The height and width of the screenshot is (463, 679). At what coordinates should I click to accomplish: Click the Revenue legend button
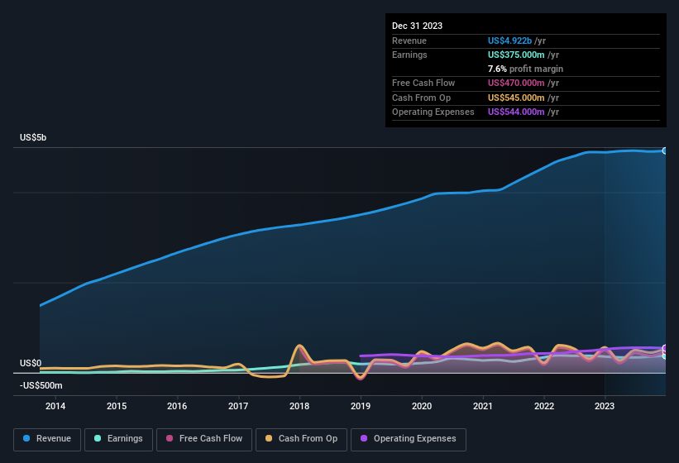(x=48, y=438)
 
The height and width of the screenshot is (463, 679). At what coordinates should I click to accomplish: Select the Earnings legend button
(x=118, y=438)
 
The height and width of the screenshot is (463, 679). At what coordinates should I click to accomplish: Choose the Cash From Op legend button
(x=301, y=438)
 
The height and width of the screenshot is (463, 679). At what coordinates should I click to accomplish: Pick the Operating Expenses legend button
(x=409, y=438)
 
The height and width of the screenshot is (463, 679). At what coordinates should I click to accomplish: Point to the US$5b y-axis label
(x=33, y=137)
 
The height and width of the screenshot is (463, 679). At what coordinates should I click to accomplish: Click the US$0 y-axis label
(x=31, y=364)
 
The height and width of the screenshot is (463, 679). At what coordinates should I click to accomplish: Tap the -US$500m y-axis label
(x=41, y=385)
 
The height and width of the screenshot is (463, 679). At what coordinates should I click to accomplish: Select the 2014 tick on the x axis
(x=55, y=406)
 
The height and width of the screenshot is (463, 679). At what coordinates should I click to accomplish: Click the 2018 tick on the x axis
(x=299, y=406)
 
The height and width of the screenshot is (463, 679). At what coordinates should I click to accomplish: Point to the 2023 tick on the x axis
(x=605, y=406)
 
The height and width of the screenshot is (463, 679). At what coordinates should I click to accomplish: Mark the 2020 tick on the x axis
(x=422, y=406)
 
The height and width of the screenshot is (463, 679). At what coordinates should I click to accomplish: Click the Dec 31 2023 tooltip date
(x=417, y=26)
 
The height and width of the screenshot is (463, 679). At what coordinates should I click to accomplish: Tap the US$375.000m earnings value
(x=516, y=55)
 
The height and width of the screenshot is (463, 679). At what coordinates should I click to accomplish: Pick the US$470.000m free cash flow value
(x=516, y=83)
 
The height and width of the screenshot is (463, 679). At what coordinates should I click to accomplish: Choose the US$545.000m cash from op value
(x=516, y=98)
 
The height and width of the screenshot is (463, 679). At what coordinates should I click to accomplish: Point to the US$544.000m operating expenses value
(x=516, y=112)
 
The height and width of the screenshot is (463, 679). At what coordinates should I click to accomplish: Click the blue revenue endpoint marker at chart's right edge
(x=665, y=150)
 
